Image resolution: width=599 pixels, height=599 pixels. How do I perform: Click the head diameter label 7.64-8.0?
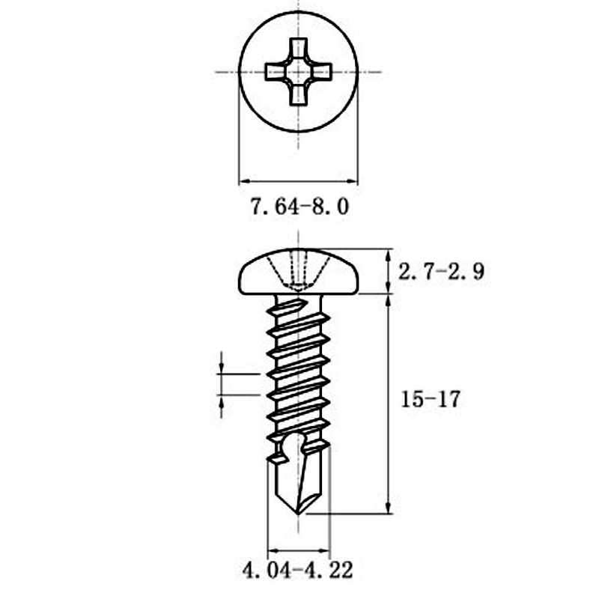[299, 207]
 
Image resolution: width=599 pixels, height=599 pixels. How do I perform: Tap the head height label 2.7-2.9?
[440, 271]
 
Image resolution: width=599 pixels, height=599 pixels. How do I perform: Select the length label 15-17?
[430, 399]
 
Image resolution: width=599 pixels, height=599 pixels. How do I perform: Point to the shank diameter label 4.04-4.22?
[297, 570]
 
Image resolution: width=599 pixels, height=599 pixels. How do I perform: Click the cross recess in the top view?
[299, 72]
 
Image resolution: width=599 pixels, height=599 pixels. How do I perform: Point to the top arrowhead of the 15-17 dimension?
[388, 299]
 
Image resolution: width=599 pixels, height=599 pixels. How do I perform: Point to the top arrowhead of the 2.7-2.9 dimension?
[388, 254]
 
